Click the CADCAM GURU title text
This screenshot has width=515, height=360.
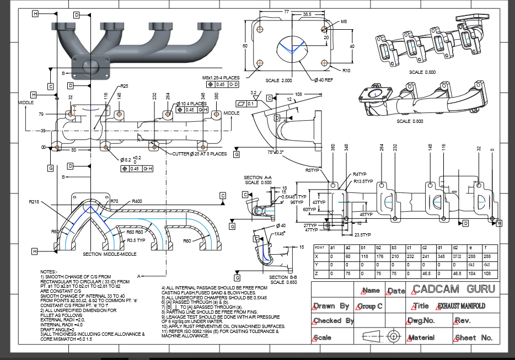coord(454,289)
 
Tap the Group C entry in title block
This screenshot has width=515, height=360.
coord(370,306)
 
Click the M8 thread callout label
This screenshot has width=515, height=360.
coord(344,22)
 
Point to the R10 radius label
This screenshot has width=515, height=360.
coord(346,71)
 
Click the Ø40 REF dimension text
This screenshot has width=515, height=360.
coord(324,80)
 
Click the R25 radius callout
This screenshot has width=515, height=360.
coord(125,87)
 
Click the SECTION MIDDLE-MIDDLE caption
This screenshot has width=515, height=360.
coord(109,254)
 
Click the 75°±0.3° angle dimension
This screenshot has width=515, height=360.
coord(276,152)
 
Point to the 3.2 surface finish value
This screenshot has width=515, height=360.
coord(254,93)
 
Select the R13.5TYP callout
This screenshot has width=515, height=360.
coord(363,181)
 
